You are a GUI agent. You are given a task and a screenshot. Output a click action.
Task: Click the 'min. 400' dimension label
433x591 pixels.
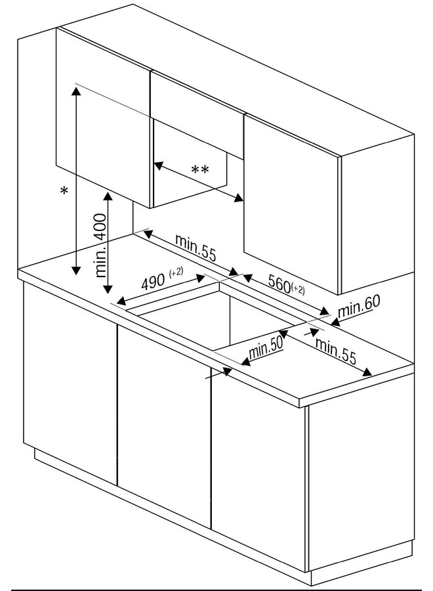coord(101,246)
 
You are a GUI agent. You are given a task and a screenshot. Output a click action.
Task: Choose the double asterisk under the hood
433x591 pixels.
coord(200,170)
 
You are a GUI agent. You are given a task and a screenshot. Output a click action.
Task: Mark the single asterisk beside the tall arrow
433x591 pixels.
coord(64,190)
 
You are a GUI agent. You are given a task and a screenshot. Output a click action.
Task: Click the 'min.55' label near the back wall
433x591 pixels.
coord(196,248)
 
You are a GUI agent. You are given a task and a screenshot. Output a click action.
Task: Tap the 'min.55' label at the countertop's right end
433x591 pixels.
coord(335,351)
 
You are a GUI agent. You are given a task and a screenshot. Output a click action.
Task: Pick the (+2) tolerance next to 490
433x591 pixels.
coord(176,272)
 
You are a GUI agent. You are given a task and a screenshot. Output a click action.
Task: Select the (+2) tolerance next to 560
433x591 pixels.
coord(298,290)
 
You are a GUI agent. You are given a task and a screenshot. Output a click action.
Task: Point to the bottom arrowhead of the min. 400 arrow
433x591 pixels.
coord(108,289)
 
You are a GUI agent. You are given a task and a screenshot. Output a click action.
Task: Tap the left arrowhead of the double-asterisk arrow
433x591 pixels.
coord(159,165)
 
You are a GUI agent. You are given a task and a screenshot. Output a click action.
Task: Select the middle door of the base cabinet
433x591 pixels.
coord(164,426)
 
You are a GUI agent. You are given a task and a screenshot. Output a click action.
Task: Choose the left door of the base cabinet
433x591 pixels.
coord(70,383)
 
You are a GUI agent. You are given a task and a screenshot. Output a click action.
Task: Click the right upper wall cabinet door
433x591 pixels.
coord(292,204)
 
